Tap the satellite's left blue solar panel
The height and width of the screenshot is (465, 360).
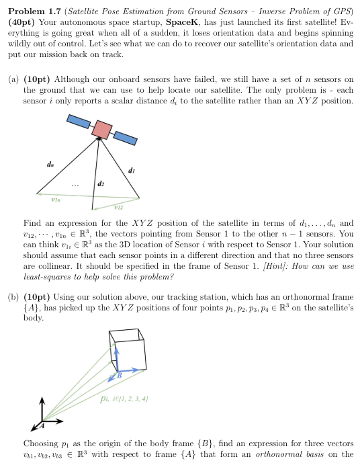[78, 122]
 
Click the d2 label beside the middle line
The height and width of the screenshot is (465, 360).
[101, 182]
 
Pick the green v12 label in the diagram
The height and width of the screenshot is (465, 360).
[118, 206]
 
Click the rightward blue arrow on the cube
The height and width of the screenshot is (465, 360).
[132, 370]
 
